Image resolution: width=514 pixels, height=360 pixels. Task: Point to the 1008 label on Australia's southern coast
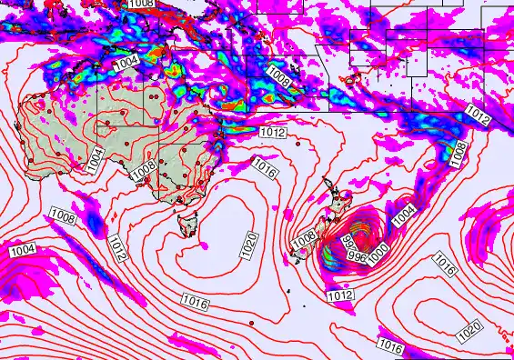(141, 172)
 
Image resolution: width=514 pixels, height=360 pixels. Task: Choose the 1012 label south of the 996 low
(339, 295)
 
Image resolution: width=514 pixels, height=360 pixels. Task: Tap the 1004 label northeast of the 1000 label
(404, 214)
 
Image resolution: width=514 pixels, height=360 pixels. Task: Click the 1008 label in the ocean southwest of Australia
(63, 215)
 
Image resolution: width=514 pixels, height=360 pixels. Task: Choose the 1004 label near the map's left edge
(22, 249)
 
